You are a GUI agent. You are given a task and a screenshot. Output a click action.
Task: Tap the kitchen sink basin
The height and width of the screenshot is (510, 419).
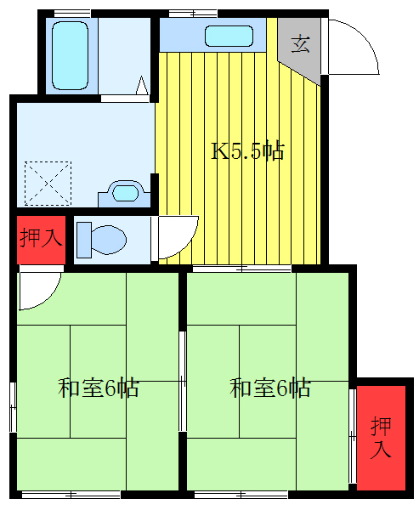coord(229,36)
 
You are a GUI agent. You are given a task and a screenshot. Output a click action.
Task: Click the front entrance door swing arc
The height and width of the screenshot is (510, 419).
coord(352,48)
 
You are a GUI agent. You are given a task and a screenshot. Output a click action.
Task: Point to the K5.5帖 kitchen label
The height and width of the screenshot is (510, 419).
coord(246,152)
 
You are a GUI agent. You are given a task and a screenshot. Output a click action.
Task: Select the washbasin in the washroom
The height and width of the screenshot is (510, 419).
coord(124,192)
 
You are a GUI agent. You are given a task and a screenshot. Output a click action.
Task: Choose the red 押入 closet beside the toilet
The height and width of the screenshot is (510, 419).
coord(40,237)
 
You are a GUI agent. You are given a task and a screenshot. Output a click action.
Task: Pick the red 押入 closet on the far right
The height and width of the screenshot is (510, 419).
coord(381,437)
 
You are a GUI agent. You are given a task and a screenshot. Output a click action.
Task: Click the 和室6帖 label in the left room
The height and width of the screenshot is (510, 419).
coord(99,388)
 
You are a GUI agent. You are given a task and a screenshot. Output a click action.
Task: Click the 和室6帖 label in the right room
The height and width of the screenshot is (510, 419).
coord(270,388)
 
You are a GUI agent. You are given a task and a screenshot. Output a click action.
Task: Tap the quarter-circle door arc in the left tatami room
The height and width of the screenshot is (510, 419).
coord(39,289)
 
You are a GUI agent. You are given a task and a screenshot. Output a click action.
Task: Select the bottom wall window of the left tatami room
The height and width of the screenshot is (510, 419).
coord(71,493)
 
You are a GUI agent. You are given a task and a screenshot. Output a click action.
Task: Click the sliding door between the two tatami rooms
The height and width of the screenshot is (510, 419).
coord(182,381)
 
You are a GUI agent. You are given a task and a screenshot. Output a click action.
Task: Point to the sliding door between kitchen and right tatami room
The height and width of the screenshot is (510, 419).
coord(241,269)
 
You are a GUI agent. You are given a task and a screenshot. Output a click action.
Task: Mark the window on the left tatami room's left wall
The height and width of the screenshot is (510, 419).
coord(12,406)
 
